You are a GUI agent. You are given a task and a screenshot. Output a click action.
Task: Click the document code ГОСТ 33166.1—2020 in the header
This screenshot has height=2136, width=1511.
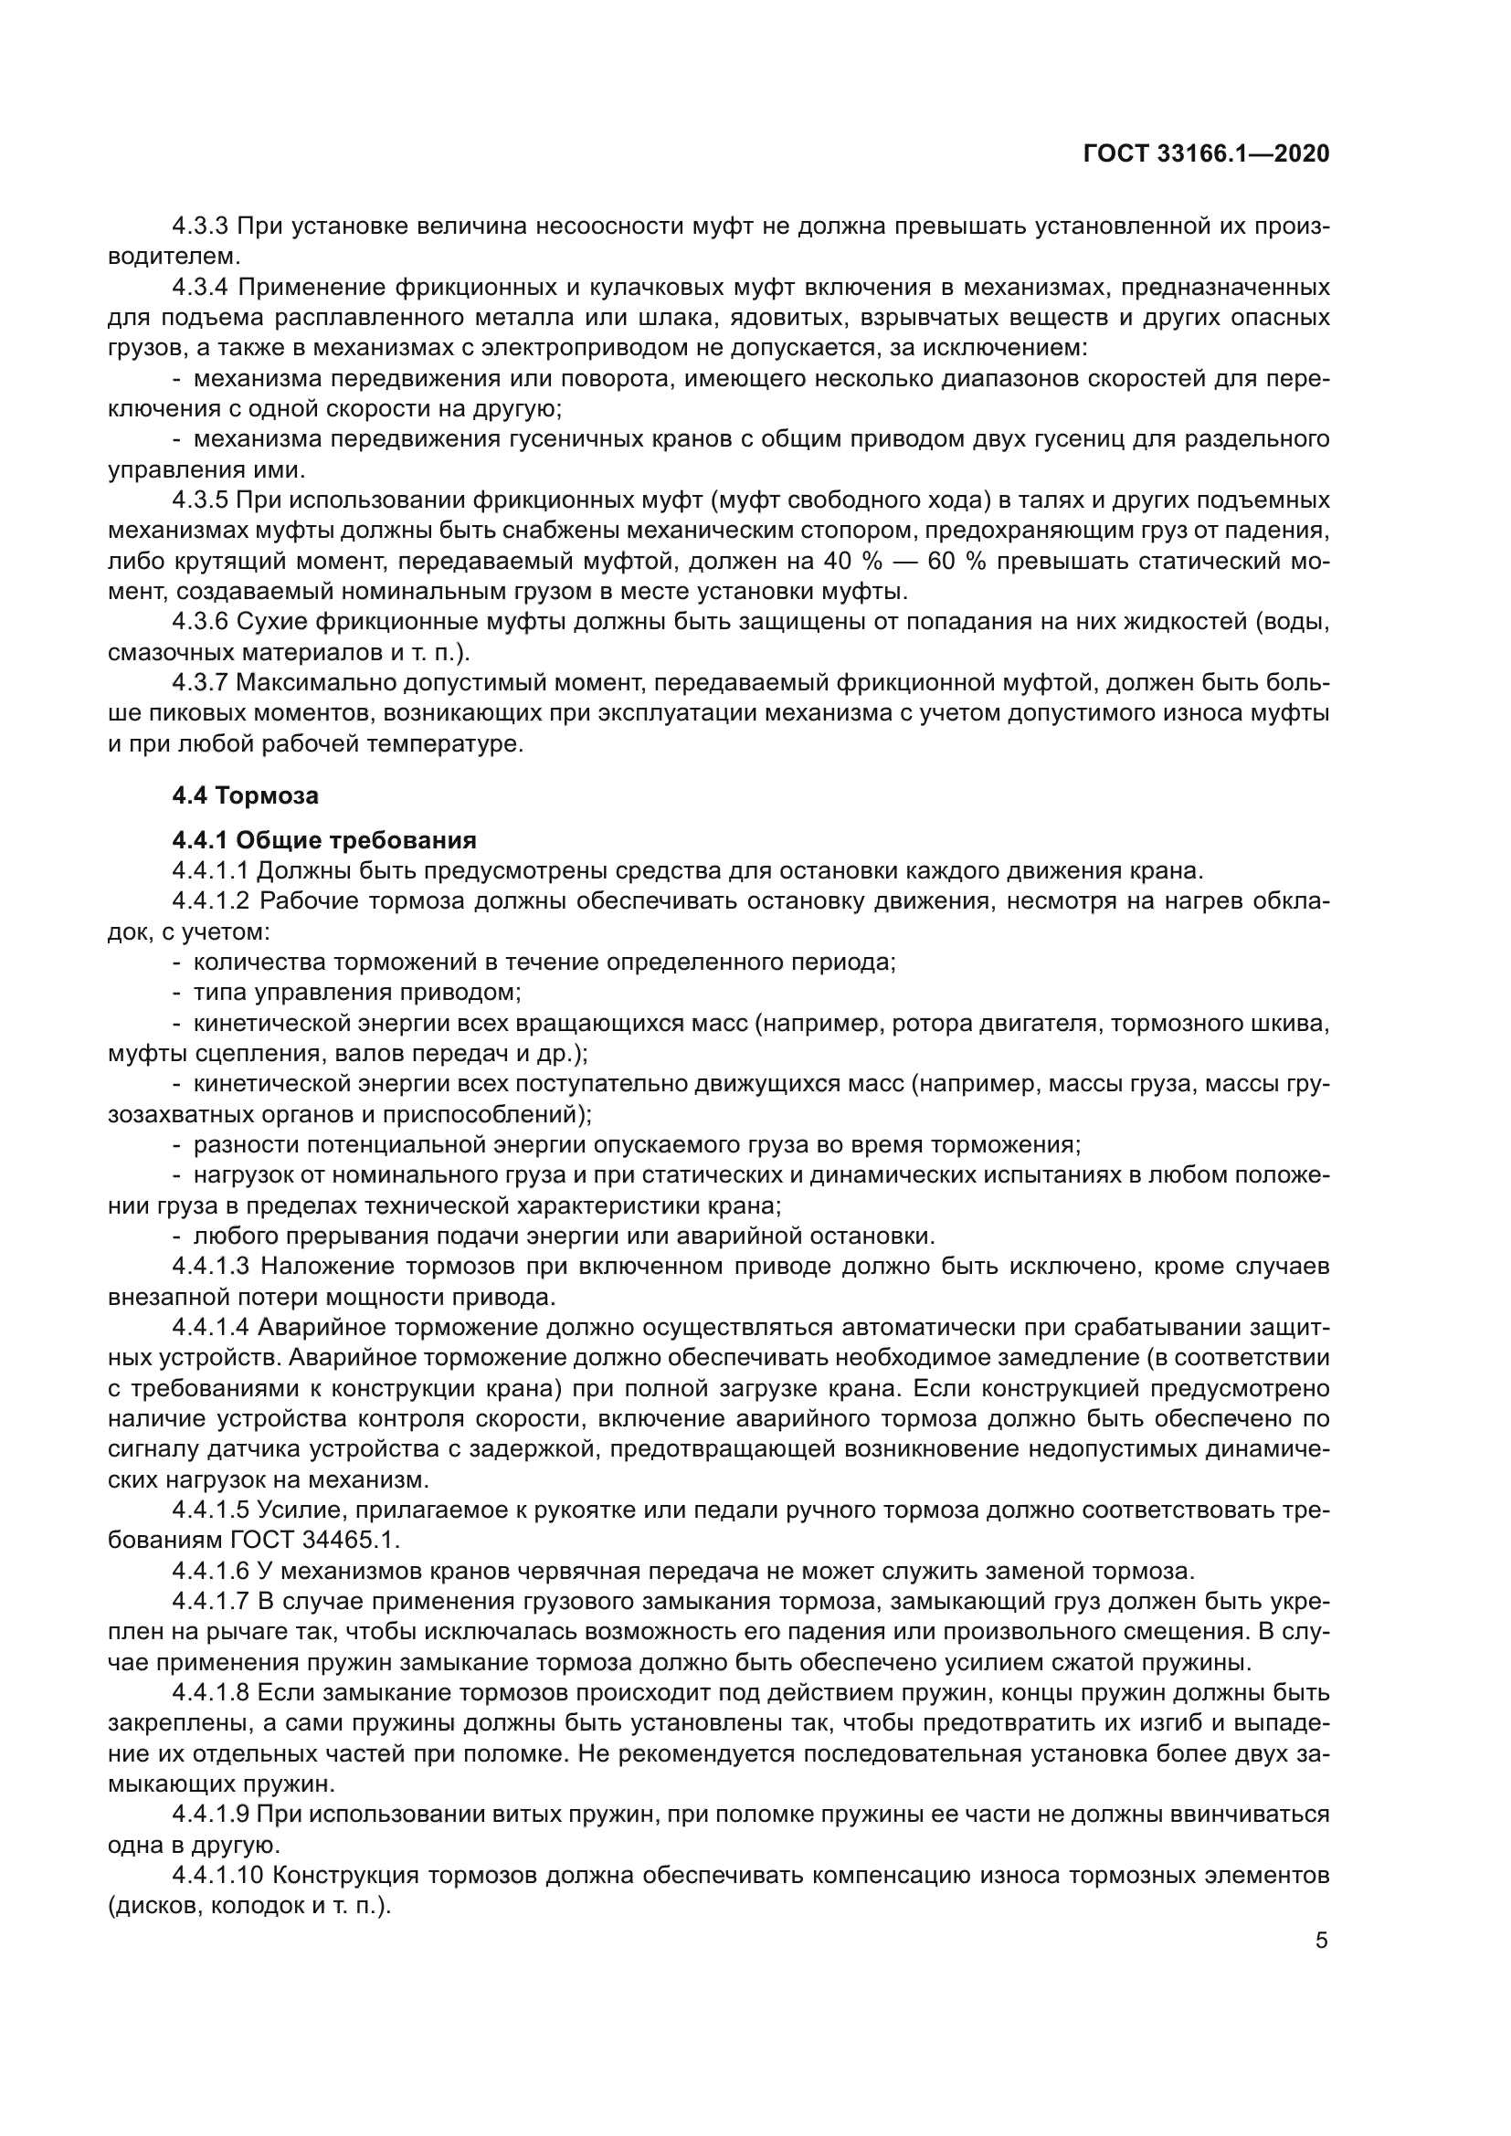click(x=1206, y=154)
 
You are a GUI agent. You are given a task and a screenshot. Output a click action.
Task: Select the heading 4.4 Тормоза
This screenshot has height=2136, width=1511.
click(x=245, y=795)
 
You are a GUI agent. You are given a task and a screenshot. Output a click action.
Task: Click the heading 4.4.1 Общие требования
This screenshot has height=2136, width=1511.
click(x=323, y=840)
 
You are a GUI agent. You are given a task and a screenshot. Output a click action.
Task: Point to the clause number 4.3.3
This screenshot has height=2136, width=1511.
click(x=200, y=226)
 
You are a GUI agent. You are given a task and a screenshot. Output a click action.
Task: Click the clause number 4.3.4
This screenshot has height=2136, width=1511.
click(x=200, y=287)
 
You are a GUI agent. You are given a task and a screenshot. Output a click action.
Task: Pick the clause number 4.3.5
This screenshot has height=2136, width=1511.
click(x=200, y=500)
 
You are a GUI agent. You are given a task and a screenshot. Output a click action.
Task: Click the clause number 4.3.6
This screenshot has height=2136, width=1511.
click(x=200, y=622)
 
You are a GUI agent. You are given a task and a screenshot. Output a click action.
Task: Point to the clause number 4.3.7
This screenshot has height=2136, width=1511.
click(x=200, y=683)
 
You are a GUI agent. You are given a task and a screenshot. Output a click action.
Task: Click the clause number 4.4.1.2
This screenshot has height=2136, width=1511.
click(x=211, y=901)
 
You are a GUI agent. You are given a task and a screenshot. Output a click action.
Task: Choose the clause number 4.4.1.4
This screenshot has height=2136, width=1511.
click(x=211, y=1328)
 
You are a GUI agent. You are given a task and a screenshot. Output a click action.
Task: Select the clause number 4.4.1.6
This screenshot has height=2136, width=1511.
click(x=211, y=1572)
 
